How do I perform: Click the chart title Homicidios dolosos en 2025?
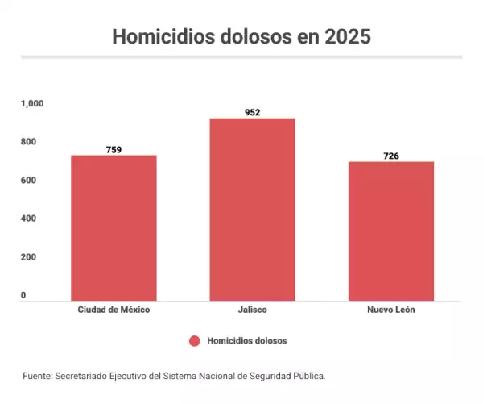(x=242, y=37)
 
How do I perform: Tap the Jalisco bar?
(x=253, y=210)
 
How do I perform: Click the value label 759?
(x=114, y=149)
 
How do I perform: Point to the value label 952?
(x=253, y=112)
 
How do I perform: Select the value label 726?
(x=391, y=156)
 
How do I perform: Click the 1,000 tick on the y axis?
(x=33, y=103)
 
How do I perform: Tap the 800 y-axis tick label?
(x=29, y=142)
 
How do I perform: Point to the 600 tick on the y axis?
(x=29, y=180)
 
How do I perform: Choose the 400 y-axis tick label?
(x=29, y=219)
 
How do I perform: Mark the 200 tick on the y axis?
(x=29, y=257)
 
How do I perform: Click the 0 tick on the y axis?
(x=23, y=295)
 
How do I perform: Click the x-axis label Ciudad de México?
(x=114, y=310)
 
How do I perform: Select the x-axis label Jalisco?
(x=253, y=310)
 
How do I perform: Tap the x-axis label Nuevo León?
(x=391, y=310)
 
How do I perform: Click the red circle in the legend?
(x=194, y=341)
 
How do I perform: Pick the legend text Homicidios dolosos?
(x=246, y=341)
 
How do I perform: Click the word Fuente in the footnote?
(x=37, y=376)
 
